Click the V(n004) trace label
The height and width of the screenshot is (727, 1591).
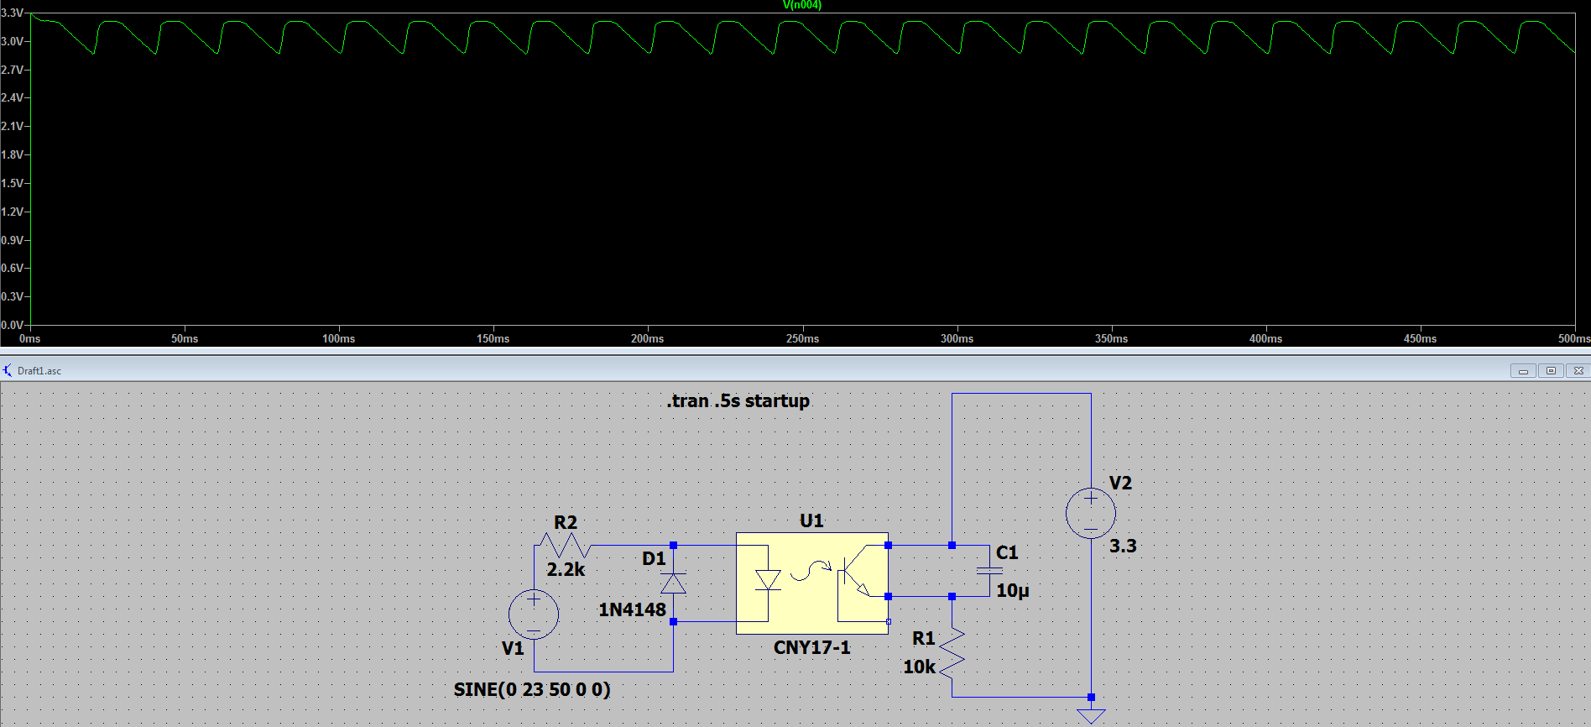click(801, 5)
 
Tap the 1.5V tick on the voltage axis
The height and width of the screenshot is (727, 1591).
click(13, 183)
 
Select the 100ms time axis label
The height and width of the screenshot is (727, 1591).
click(338, 338)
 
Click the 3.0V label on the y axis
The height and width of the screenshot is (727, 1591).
click(13, 41)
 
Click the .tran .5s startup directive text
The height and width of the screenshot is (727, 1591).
click(738, 401)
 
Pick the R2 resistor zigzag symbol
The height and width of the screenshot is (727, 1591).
click(566, 546)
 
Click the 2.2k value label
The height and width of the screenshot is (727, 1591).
click(566, 569)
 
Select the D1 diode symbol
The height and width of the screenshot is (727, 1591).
click(673, 583)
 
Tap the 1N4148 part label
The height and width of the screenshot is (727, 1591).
click(631, 609)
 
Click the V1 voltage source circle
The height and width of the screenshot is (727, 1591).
click(534, 615)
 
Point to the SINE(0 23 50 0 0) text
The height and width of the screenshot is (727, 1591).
click(532, 689)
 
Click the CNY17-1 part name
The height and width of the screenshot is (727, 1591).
click(811, 647)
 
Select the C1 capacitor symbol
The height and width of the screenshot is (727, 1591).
click(989, 571)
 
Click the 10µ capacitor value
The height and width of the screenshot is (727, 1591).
click(1012, 590)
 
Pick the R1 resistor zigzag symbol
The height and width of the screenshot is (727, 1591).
click(952, 653)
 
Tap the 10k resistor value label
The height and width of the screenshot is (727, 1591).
click(919, 667)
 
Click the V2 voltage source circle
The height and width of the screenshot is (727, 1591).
click(1090, 513)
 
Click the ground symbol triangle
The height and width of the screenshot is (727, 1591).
click(1091, 716)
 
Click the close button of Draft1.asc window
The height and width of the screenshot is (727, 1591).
click(1578, 370)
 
